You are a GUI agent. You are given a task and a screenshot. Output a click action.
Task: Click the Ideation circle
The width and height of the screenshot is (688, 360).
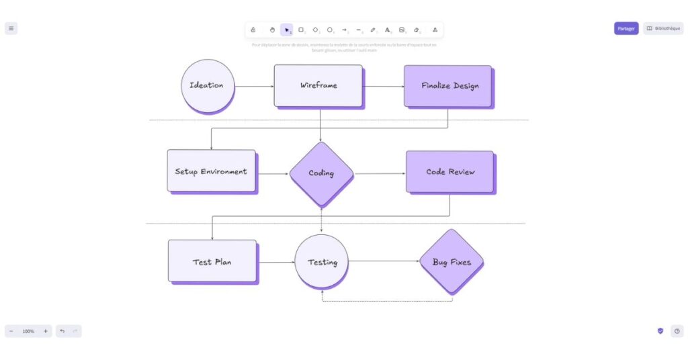click(x=208, y=85)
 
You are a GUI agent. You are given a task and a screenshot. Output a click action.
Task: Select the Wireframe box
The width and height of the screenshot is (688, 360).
click(x=318, y=85)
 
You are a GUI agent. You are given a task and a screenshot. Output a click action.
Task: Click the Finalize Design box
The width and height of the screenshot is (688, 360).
click(x=447, y=85)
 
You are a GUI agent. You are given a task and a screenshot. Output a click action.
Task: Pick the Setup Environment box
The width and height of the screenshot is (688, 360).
click(x=211, y=171)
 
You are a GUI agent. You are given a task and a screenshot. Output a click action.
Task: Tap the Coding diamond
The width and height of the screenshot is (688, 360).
click(x=321, y=173)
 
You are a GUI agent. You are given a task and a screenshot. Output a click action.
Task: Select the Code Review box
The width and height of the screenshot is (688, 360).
click(x=449, y=172)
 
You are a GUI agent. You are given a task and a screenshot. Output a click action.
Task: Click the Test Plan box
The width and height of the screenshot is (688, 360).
click(x=212, y=261)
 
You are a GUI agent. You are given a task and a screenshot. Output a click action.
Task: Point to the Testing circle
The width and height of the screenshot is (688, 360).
click(x=322, y=262)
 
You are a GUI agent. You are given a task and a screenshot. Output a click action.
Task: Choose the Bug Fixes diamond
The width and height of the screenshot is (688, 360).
click(x=451, y=262)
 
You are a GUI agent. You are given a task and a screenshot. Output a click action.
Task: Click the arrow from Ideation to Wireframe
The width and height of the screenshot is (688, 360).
click(x=254, y=86)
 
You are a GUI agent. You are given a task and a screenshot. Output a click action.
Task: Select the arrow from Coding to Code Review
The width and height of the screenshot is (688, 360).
click(x=379, y=174)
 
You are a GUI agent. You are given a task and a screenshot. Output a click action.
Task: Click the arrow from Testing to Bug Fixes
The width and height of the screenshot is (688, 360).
click(x=383, y=261)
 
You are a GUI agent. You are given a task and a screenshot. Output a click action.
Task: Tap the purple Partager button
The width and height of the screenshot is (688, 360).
click(x=626, y=28)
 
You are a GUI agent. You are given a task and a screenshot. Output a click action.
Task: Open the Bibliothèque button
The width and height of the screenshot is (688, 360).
click(x=663, y=28)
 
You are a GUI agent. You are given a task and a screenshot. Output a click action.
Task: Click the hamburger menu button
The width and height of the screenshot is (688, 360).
click(x=11, y=28)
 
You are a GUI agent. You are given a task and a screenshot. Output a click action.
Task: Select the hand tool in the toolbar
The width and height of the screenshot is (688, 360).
click(x=272, y=30)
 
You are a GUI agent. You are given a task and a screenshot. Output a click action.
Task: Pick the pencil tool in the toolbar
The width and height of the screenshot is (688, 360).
click(x=373, y=30)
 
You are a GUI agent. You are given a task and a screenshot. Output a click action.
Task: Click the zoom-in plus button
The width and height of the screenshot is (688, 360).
click(x=46, y=331)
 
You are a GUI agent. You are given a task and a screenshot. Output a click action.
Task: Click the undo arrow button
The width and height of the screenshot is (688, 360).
click(x=62, y=331)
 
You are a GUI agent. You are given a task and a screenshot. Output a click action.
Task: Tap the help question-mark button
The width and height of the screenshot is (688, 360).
click(x=677, y=331)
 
